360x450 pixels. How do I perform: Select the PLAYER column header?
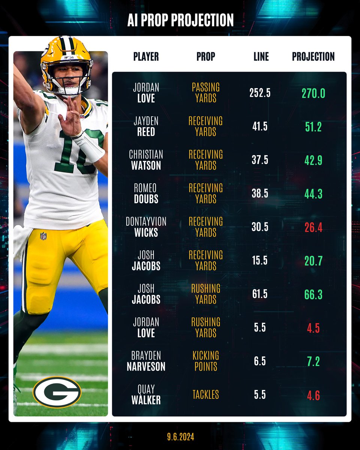(146, 57)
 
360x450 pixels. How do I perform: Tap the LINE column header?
(261, 57)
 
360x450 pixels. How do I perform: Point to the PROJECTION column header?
(313, 57)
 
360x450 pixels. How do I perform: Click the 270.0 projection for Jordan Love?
(313, 93)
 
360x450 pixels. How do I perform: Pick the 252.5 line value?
(260, 93)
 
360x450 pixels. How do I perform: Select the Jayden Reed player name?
(146, 126)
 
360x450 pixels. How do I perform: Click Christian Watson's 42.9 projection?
(313, 160)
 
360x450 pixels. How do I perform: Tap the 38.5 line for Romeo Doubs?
(260, 193)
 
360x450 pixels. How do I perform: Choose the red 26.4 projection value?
(313, 227)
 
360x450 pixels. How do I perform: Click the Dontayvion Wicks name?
(146, 227)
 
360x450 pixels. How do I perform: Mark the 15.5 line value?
(260, 261)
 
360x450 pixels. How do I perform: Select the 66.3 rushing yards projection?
(313, 294)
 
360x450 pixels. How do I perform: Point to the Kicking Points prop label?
(206, 361)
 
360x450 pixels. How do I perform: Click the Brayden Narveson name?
(146, 361)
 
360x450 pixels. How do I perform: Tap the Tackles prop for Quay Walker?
(206, 394)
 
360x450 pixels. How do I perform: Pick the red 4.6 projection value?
(313, 395)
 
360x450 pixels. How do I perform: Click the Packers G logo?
(57, 392)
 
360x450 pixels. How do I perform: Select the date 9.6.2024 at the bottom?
(180, 437)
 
